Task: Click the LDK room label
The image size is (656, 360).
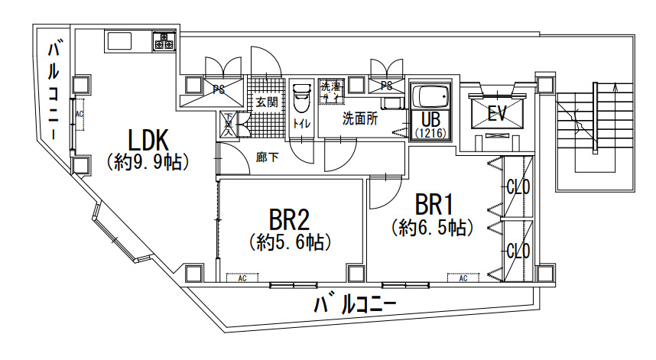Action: coord(148,140)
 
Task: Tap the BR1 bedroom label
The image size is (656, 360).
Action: coord(435,205)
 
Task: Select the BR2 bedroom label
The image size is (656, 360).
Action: coord(289,219)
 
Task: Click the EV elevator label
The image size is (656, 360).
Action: coord(498,114)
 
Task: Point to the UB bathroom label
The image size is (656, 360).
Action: coord(430,119)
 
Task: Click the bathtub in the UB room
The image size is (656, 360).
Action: coord(430,97)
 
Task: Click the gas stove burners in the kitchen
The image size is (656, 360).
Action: coord(164,41)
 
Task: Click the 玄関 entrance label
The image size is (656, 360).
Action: coord(266,102)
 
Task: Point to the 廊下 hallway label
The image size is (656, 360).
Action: coord(268,157)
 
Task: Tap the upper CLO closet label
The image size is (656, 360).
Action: coord(518,186)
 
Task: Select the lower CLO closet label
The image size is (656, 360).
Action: coord(518,251)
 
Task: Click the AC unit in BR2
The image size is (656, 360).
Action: coord(242,278)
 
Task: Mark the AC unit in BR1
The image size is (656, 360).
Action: coord(463,278)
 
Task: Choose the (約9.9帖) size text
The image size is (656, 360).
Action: coord(148,162)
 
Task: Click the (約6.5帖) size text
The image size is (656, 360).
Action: coord(433,227)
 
